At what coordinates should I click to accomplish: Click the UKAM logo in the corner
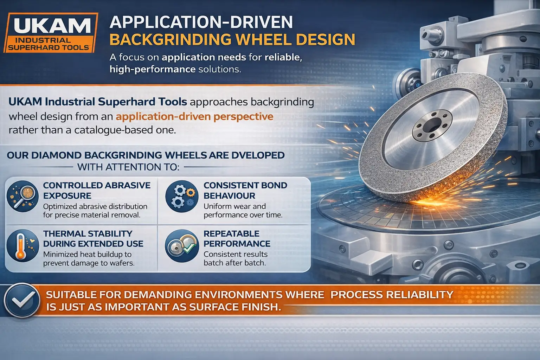click(x=51, y=33)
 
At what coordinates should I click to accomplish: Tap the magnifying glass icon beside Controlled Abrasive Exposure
click(x=22, y=196)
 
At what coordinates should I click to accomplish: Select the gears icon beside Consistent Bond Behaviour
click(x=182, y=196)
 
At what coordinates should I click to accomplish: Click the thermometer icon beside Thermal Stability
click(x=22, y=246)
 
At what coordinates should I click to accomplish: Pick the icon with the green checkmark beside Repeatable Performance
click(x=182, y=246)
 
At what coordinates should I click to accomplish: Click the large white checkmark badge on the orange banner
click(x=22, y=301)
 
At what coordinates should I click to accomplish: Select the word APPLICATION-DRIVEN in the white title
click(x=201, y=22)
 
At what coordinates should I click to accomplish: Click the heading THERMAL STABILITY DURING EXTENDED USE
click(x=93, y=238)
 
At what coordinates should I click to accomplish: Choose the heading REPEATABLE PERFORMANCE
click(x=237, y=238)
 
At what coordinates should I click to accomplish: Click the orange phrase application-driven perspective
click(x=194, y=117)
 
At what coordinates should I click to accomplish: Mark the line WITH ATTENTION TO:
click(x=128, y=167)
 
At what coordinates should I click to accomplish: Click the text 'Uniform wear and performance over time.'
click(x=243, y=211)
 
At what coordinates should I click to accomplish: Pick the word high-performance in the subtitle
click(x=153, y=70)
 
